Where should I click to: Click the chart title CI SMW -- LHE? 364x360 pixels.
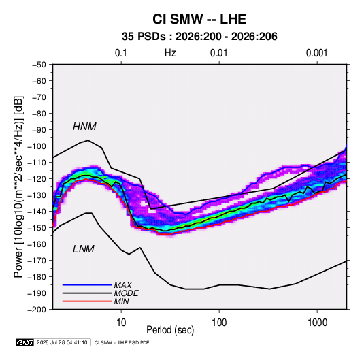click(x=199, y=19)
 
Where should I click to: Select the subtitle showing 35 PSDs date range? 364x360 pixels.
click(x=199, y=37)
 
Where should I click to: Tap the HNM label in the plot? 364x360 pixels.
click(x=84, y=127)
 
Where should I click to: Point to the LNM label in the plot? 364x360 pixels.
click(x=84, y=249)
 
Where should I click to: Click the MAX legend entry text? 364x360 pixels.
click(x=123, y=285)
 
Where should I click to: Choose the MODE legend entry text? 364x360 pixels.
click(x=127, y=293)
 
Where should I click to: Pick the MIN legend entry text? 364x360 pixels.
click(x=121, y=301)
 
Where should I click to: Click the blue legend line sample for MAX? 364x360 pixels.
click(x=87, y=284)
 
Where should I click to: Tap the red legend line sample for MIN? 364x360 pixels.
click(x=87, y=301)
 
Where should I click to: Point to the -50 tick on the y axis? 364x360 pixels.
click(x=39, y=65)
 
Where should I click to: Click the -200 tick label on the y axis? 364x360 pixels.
click(x=37, y=310)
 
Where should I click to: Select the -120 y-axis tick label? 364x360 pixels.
click(x=37, y=179)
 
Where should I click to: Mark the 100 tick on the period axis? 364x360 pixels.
click(x=219, y=323)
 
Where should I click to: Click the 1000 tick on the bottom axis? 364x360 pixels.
click(x=317, y=323)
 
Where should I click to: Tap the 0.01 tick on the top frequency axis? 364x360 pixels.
click(x=218, y=53)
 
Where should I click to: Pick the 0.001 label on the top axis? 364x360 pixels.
click(x=316, y=53)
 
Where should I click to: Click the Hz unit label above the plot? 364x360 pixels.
click(x=170, y=53)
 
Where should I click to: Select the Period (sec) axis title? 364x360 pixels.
click(x=170, y=330)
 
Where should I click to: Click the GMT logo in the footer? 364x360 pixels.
click(x=25, y=342)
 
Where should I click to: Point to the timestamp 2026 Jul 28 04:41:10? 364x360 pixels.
click(x=62, y=342)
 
